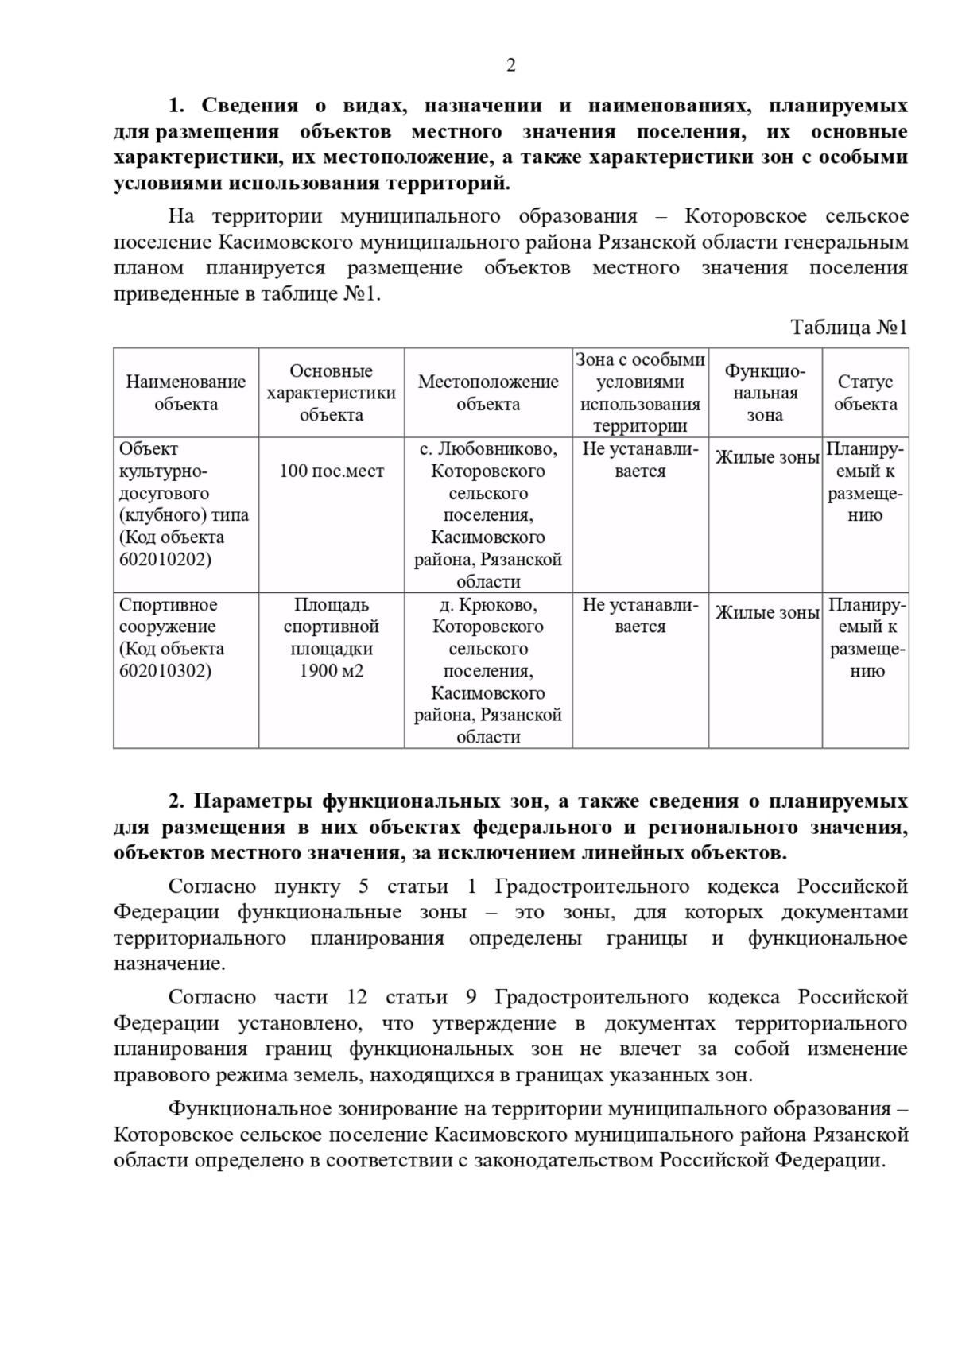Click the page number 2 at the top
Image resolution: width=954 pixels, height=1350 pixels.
[510, 65]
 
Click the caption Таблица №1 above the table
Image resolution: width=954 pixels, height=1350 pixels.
[848, 328]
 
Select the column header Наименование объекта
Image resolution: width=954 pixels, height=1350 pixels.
[186, 393]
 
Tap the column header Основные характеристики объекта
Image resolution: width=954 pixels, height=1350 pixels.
[331, 393]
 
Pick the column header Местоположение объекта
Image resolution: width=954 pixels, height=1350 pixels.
[488, 393]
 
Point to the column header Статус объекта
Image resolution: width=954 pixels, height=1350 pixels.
[865, 393]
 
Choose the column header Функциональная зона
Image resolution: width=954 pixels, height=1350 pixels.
[765, 393]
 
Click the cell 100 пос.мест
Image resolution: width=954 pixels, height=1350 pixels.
[332, 471]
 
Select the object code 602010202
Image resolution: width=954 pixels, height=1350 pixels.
[165, 560]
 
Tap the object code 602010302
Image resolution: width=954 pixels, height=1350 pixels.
[165, 671]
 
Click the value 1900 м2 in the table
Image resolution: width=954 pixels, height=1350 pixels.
[332, 671]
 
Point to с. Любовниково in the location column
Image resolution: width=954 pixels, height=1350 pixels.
[488, 449]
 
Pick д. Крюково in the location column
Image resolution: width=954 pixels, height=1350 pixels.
[488, 605]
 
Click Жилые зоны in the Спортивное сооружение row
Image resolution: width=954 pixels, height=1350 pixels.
[766, 613]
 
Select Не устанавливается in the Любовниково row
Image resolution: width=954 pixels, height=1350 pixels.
[640, 460]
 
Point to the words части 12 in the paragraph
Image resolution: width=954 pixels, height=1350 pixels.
[320, 997]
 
